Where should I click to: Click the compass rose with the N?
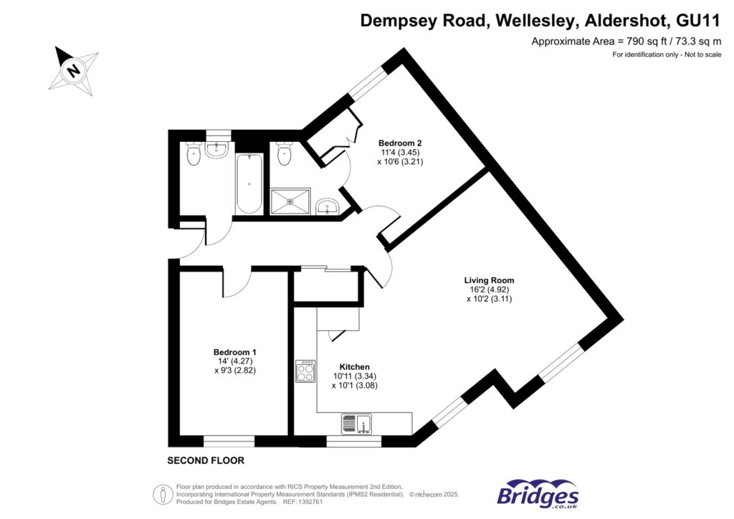click(x=72, y=70)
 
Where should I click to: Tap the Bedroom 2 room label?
click(x=395, y=143)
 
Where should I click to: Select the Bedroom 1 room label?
click(x=234, y=352)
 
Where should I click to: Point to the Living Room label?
click(x=489, y=280)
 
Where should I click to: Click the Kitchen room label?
click(x=355, y=366)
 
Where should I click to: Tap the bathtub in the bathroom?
click(x=249, y=184)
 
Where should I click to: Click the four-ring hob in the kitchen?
click(x=305, y=371)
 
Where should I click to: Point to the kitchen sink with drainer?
click(x=356, y=424)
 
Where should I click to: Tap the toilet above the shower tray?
click(x=285, y=153)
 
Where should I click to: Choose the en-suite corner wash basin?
click(x=330, y=208)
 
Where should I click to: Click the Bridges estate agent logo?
click(x=538, y=495)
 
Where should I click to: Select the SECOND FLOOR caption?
click(x=206, y=460)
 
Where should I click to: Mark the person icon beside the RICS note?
click(x=163, y=495)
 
